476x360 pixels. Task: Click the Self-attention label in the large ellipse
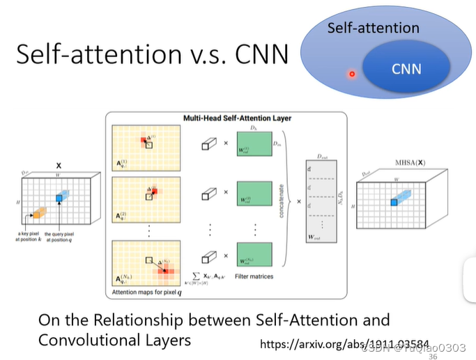pos(374,29)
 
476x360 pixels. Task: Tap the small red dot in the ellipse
pos(352,74)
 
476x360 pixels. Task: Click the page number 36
pos(433,356)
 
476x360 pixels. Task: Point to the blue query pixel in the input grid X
pos(60,199)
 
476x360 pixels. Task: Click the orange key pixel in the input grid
pos(38,211)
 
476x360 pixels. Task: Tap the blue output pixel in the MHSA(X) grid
pos(394,201)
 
